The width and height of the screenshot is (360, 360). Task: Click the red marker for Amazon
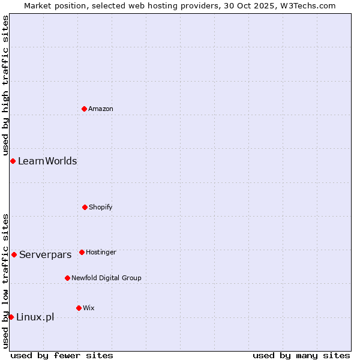coord(84,109)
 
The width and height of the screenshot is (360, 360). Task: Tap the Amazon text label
coord(101,109)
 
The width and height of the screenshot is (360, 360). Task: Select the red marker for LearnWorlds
coord(13,161)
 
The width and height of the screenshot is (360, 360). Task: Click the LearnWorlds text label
coord(47,161)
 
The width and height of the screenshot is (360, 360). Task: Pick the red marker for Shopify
coord(85,207)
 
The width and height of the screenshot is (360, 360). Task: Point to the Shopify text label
coord(101,208)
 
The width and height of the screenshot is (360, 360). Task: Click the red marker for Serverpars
coord(14,254)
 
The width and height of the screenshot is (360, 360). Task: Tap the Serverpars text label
coord(45,255)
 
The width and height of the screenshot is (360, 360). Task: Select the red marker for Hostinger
coord(82,252)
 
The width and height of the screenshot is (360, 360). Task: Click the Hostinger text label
coord(101,253)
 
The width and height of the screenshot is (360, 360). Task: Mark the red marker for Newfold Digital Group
coord(67,278)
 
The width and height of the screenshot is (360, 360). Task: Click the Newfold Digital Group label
coord(106,278)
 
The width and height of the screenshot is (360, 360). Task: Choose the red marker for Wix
coord(79,308)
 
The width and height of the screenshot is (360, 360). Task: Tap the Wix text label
coord(89,308)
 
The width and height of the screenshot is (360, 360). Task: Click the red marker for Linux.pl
coord(11,317)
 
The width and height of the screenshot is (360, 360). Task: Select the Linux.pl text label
coord(35,317)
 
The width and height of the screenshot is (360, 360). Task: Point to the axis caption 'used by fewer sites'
coord(62,355)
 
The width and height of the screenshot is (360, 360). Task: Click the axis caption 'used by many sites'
coord(301,355)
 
